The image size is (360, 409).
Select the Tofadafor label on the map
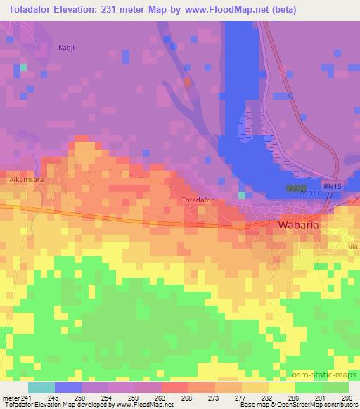coord(198,200)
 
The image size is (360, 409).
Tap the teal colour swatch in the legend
coord(41,387)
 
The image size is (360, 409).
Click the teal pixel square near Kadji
coord(23,67)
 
